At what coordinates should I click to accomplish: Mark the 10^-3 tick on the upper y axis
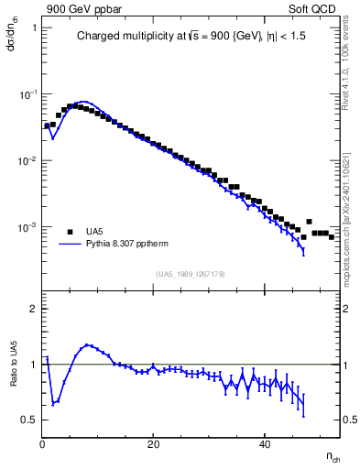point(27,227)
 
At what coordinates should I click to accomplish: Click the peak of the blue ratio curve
point(87,345)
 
